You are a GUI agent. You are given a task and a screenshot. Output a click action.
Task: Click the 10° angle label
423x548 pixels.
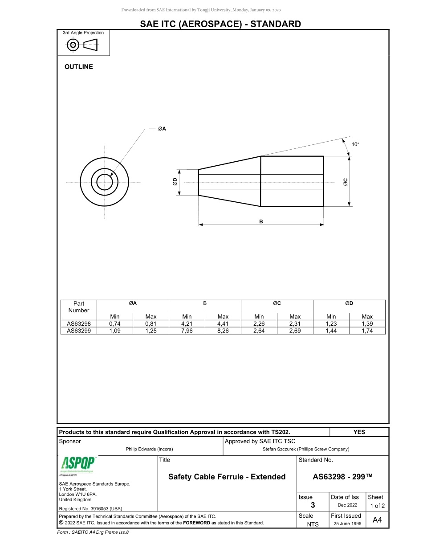tap(355, 144)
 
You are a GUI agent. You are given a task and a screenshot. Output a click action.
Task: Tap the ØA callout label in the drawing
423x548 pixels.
tap(162, 129)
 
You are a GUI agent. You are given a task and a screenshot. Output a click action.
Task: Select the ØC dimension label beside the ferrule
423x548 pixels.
tap(346, 182)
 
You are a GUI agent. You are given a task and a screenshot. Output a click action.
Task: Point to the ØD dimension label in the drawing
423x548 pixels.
tap(175, 182)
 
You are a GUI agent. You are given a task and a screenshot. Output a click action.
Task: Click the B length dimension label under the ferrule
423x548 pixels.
tap(261, 221)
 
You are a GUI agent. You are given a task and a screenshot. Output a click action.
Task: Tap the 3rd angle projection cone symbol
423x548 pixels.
tap(90, 45)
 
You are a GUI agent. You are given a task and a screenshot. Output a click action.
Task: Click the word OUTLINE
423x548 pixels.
tap(79, 67)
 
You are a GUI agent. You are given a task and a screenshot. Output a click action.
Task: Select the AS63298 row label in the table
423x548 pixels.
tap(79, 324)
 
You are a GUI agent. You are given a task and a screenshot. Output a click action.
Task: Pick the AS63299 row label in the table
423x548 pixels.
tap(79, 331)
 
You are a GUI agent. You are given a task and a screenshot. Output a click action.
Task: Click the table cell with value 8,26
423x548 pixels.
tap(223, 331)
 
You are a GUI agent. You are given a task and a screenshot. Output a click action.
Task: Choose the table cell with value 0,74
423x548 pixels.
tap(115, 324)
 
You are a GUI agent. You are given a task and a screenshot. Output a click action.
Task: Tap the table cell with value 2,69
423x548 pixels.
tap(295, 331)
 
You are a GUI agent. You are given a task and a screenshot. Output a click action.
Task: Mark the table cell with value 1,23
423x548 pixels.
tap(331, 324)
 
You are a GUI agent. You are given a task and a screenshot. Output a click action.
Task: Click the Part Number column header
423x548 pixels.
tap(79, 307)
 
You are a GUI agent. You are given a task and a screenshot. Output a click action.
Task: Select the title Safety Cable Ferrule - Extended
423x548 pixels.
tap(227, 477)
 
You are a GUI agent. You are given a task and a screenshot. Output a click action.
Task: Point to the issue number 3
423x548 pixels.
tap(313, 505)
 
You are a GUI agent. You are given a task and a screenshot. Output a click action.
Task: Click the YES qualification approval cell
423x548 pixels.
tap(359, 432)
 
